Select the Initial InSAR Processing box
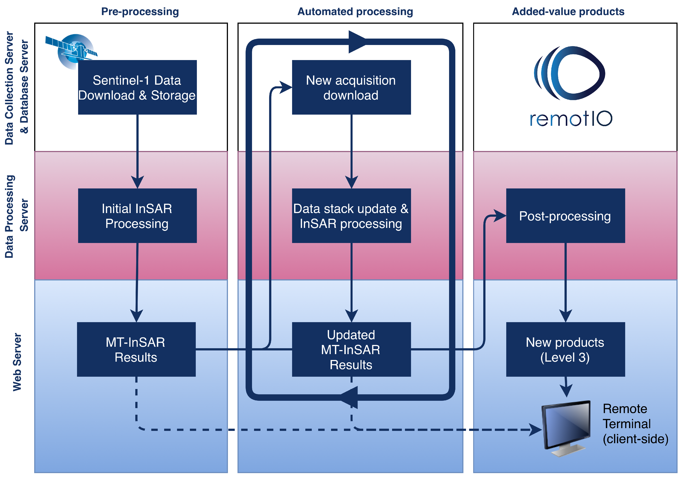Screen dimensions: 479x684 coord(137,216)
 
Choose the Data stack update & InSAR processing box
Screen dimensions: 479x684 coord(351,216)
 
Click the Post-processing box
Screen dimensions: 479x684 coord(565,216)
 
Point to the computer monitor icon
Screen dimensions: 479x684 coord(566,427)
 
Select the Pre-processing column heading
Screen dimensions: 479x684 coord(140,12)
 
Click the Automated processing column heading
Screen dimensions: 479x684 coord(355,12)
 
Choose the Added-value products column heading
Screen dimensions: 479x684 coord(568,12)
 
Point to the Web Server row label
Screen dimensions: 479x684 coord(17,362)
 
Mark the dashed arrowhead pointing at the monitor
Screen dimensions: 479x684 coord(535,430)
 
